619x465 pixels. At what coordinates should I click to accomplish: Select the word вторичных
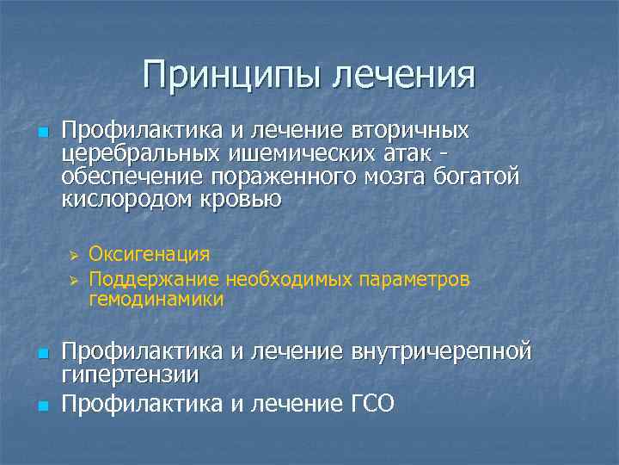pyautogui.click(x=410, y=131)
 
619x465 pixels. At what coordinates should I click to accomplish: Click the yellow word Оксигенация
pyautogui.click(x=149, y=255)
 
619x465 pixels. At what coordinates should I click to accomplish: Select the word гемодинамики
pyautogui.click(x=155, y=300)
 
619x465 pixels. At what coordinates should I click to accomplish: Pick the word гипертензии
pyautogui.click(x=130, y=375)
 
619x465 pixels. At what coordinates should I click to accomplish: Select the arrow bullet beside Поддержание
pyautogui.click(x=75, y=279)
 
